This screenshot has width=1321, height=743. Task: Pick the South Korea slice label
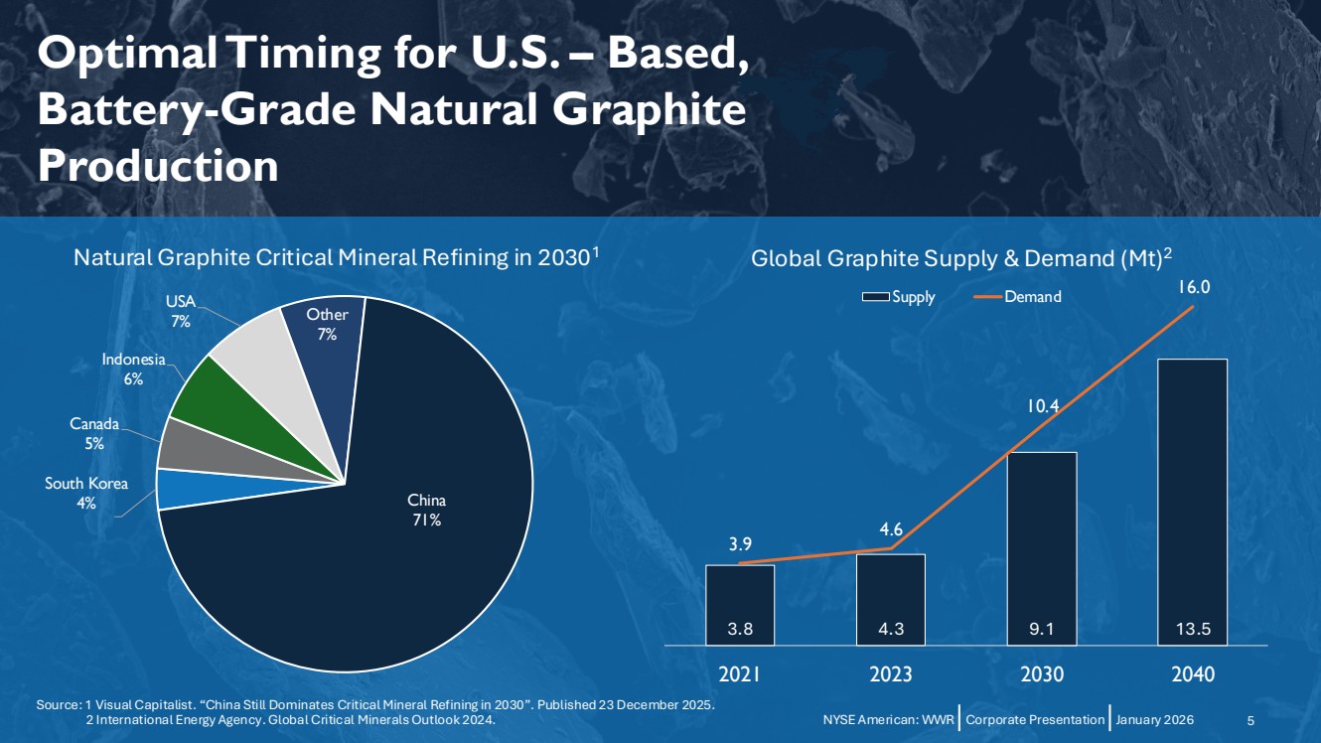(x=86, y=494)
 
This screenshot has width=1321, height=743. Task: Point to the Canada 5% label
(x=94, y=434)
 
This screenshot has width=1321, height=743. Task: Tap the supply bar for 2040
(x=1193, y=497)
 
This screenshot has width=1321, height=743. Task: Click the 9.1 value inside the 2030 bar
(x=1042, y=628)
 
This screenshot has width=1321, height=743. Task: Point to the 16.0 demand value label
(x=1193, y=287)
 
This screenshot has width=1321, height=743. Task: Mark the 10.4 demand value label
(x=1042, y=405)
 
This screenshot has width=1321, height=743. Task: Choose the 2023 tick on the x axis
(x=891, y=674)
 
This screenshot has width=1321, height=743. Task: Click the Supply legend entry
(x=899, y=297)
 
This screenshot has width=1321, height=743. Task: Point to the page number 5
(x=1250, y=719)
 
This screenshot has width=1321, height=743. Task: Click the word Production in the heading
(x=158, y=166)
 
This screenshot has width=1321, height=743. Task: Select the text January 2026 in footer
(x=1155, y=719)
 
